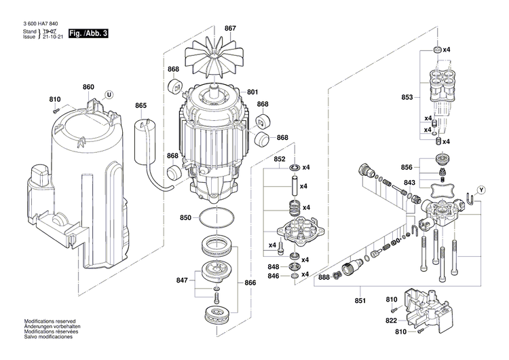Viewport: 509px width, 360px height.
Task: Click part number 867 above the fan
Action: pos(230,28)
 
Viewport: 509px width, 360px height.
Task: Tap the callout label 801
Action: pos(252,92)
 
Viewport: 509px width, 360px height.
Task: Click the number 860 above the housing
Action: pos(88,87)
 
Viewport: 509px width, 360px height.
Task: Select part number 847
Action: pos(181,280)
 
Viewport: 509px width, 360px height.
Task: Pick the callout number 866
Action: pos(250,282)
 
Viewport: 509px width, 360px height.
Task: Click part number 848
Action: pos(272,266)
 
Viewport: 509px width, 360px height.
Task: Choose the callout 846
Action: pos(272,276)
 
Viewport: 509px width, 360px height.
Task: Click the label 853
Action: pos(407,97)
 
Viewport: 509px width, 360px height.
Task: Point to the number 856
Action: pos(407,166)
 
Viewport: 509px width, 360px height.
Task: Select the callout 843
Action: pos(409,182)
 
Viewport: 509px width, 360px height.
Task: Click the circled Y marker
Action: pos(481,189)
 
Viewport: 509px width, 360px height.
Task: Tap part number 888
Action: pos(324,277)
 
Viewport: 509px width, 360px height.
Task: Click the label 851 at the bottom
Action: pos(360,301)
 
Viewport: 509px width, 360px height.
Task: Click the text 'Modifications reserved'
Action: pos(50,321)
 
